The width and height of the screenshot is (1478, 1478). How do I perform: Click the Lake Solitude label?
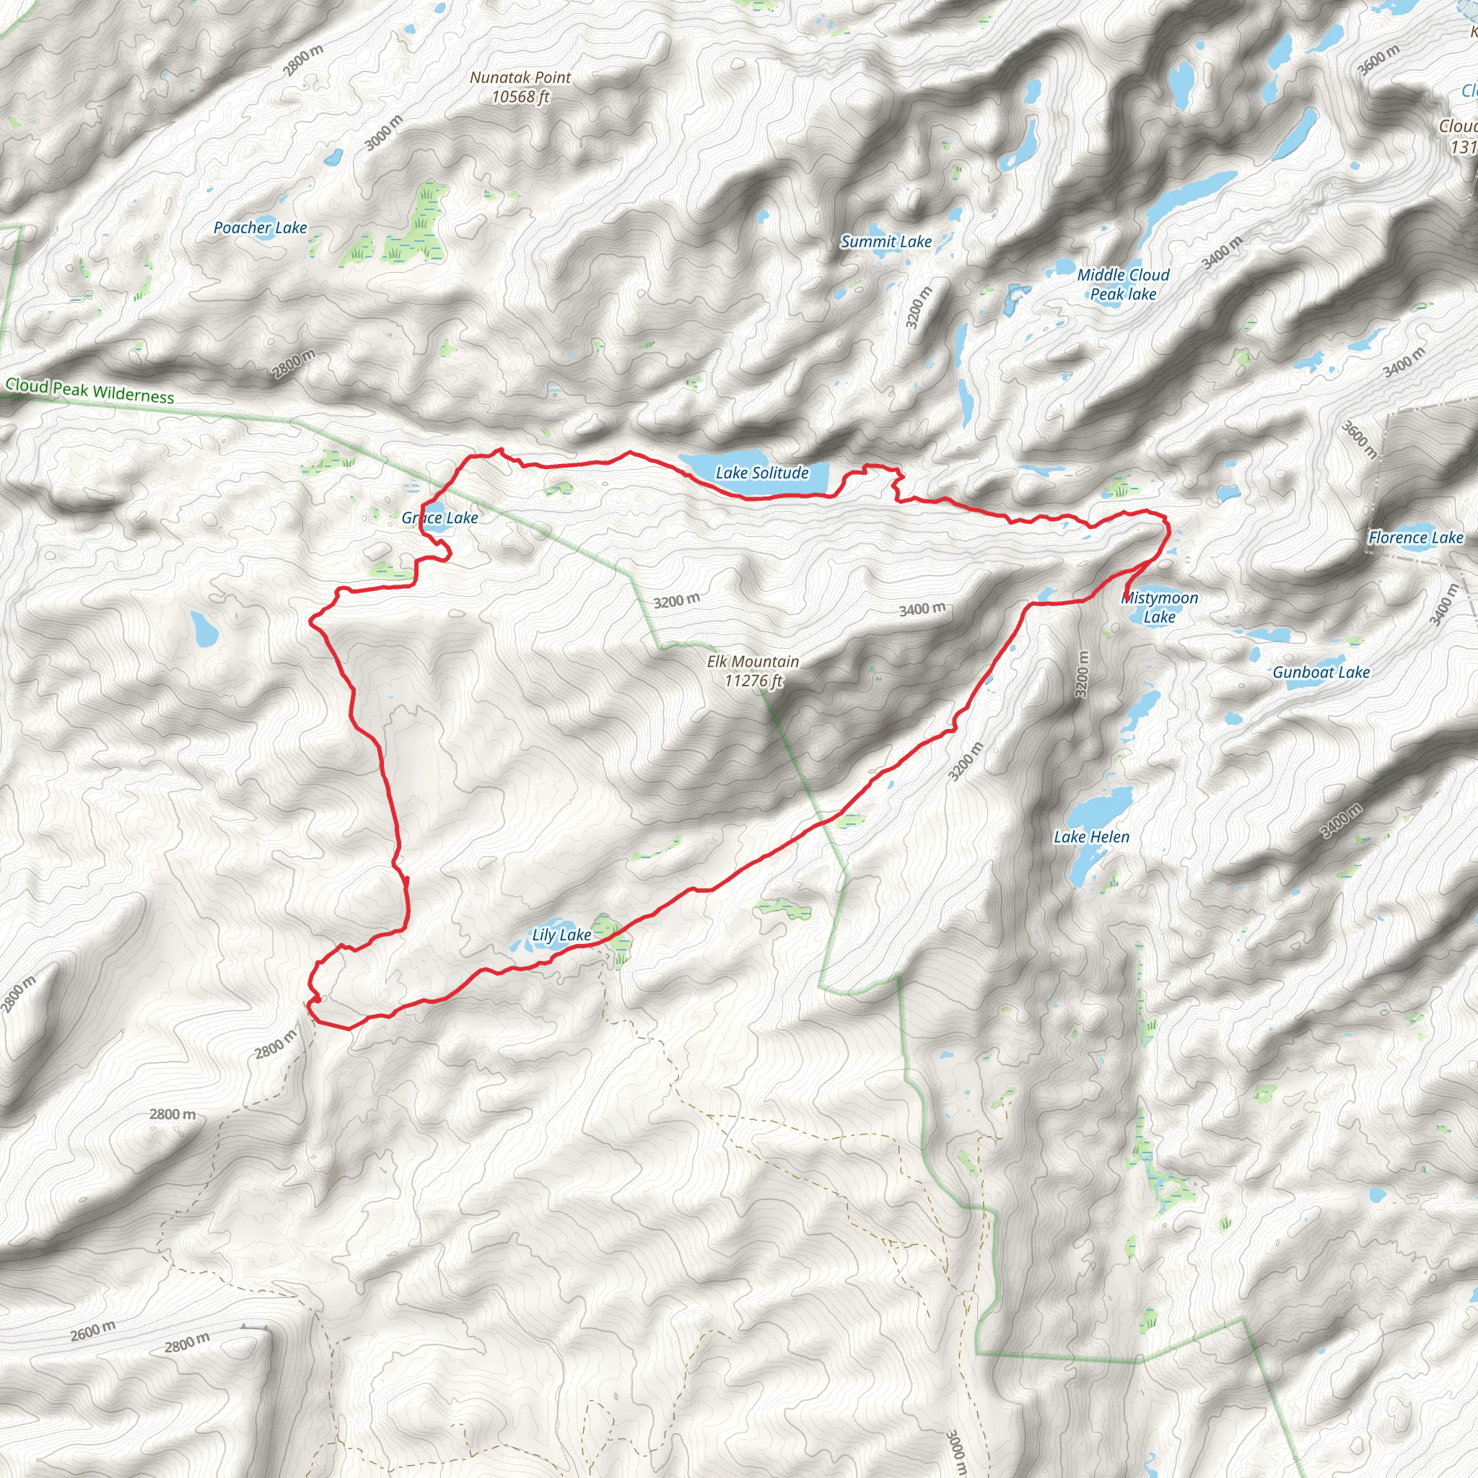click(762, 473)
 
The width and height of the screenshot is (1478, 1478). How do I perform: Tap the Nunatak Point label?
click(520, 77)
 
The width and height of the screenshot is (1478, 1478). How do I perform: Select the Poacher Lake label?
click(260, 227)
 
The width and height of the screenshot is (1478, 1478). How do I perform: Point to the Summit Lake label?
click(886, 242)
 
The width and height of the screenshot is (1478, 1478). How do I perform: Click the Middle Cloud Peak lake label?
click(1123, 284)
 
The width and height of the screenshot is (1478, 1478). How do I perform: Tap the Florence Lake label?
click(1415, 538)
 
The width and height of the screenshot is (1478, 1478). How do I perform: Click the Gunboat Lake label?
click(1321, 673)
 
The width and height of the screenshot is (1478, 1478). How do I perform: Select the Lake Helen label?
click(1091, 837)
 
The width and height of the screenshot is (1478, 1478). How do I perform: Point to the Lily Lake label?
click(561, 935)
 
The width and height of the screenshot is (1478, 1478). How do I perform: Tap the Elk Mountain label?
click(753, 662)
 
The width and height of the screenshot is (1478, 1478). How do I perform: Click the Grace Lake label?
click(440, 518)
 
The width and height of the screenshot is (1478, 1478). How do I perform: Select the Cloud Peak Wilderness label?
click(89, 391)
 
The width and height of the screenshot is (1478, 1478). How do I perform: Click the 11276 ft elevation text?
click(753, 681)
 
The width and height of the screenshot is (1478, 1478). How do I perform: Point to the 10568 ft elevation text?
click(520, 97)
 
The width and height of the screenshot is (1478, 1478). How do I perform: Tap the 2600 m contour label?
click(93, 1330)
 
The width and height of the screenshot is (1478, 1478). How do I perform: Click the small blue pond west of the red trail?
click(204, 628)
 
